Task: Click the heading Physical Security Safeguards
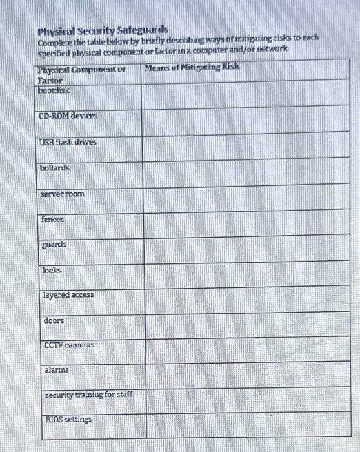103,30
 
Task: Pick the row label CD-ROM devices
68,116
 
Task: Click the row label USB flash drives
68,141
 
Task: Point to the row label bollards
55,168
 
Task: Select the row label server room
62,194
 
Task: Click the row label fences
52,220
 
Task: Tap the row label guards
54,245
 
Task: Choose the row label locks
52,270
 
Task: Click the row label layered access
68,294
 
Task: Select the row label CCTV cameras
69,345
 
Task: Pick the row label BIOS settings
68,420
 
